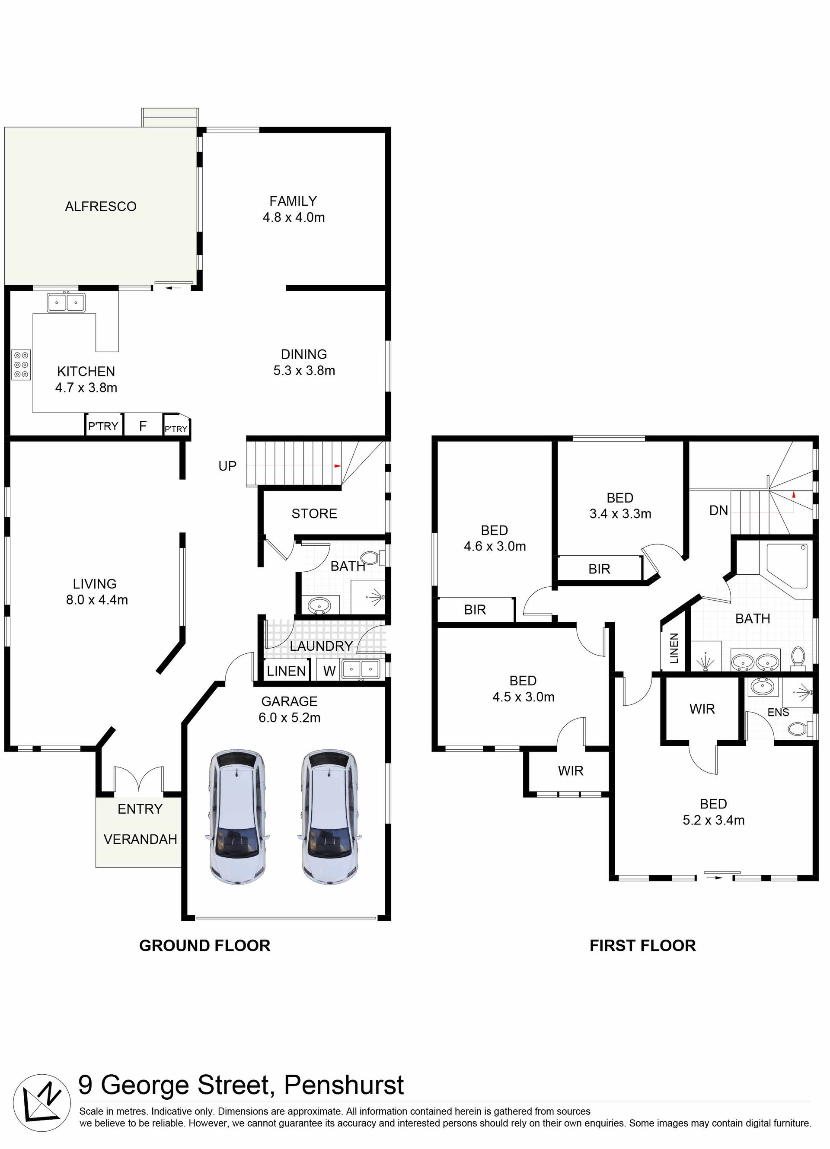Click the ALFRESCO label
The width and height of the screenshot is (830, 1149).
100,207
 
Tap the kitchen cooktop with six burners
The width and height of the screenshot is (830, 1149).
21,365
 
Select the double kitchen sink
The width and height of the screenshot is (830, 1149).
67,303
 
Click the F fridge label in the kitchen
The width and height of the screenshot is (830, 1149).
143,426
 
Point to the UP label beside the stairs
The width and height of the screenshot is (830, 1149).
227,466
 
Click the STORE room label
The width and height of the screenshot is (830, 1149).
314,514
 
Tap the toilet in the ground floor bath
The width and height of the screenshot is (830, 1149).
375,558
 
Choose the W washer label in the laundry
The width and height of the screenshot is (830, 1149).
329,671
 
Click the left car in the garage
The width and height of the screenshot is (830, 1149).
237,817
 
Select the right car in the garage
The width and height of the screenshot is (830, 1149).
330,817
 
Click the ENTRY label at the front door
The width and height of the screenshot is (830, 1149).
140,809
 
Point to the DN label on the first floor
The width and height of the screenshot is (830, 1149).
718,511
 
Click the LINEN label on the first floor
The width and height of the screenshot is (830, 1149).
674,649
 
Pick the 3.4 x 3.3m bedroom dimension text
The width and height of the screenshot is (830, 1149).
620,514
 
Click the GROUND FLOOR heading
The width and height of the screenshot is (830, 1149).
205,946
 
